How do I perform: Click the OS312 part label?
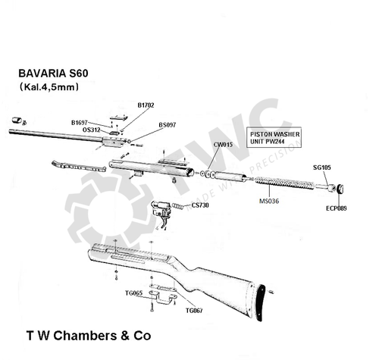(91, 130)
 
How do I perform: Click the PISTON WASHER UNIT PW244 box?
(276, 137)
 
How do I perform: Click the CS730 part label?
(200, 205)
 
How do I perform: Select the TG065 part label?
(133, 293)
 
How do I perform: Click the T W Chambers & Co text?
(89, 334)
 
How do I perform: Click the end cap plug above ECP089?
(341, 189)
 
